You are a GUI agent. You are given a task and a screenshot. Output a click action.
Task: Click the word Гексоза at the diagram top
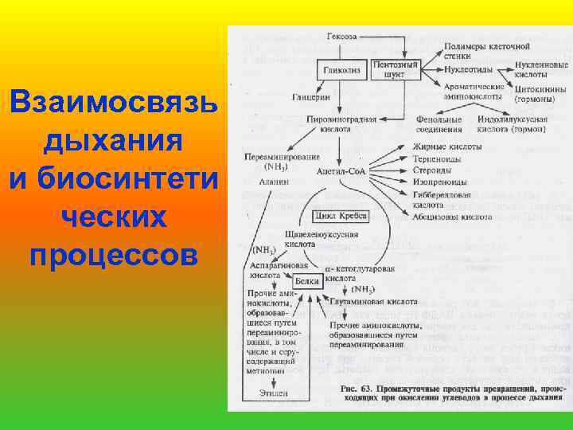(x=342, y=37)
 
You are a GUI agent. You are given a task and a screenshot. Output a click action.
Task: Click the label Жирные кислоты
(x=446, y=147)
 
